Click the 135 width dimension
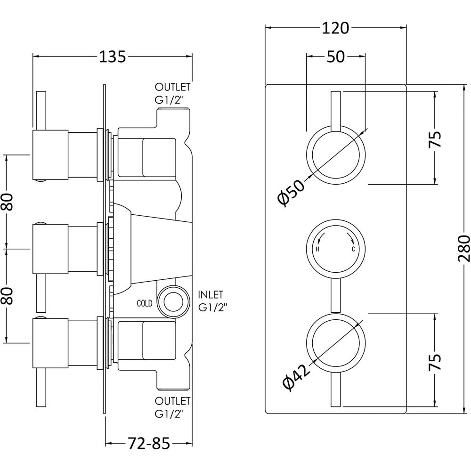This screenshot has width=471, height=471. click(113, 57)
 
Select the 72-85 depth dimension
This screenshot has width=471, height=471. click(148, 443)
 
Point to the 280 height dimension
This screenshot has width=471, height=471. click(463, 248)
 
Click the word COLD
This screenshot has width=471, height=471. click(145, 304)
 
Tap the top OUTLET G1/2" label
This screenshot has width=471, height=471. click(173, 93)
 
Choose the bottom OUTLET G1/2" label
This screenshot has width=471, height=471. click(173, 407)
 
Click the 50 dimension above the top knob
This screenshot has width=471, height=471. click(336, 57)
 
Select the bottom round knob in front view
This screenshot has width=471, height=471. click(335, 341)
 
